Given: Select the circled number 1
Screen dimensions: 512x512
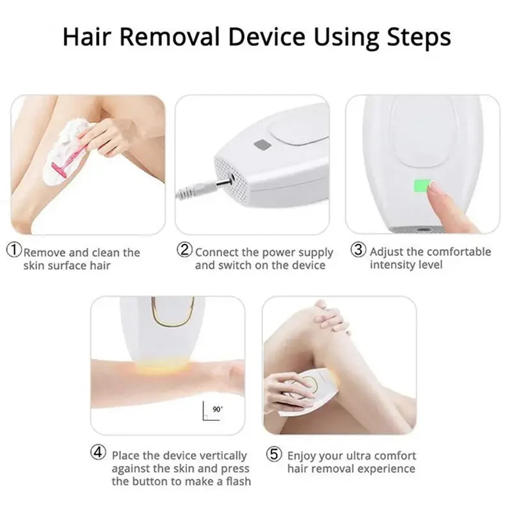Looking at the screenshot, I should point(13,250).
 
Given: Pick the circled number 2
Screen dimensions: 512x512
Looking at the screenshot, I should point(184,250).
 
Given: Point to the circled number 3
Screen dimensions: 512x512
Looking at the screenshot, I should point(358,250).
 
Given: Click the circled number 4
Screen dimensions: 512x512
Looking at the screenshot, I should point(97,453).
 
